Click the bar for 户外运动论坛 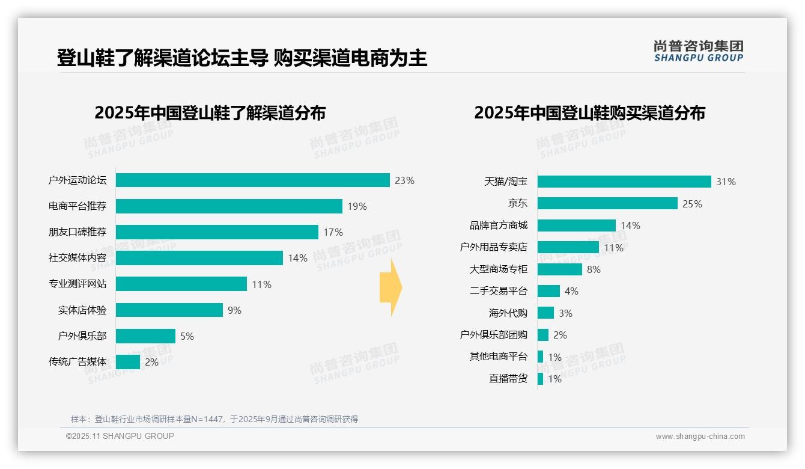click(252, 180)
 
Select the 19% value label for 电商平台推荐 click(357, 206)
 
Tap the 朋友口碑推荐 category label click(77, 232)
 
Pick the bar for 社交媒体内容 click(199, 258)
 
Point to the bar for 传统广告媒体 click(127, 362)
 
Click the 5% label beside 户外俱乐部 click(187, 336)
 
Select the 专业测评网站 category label click(77, 284)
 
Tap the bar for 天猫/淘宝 click(624, 182)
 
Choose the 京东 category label click(517, 203)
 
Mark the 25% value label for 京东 click(692, 204)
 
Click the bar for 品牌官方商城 click(576, 225)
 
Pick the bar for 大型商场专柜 click(559, 269)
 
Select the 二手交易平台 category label click(498, 291)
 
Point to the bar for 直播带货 click(540, 379)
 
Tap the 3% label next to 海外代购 click(565, 313)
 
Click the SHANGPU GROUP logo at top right click(698, 51)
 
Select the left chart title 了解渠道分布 click(210, 113)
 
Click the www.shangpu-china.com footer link click(700, 437)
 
